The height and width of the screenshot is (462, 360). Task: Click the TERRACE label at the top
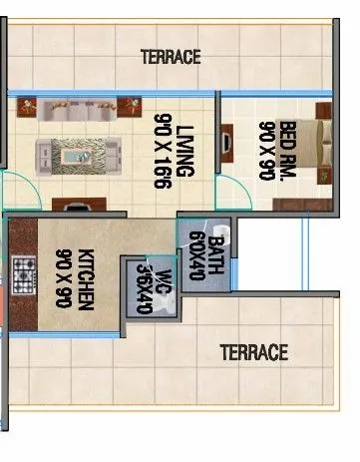[x=170, y=57]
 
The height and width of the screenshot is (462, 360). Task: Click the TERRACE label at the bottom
[x=253, y=352]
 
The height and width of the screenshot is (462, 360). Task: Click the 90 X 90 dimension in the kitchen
[x=63, y=278]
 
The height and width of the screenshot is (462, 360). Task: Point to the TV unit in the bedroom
[x=227, y=142]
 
